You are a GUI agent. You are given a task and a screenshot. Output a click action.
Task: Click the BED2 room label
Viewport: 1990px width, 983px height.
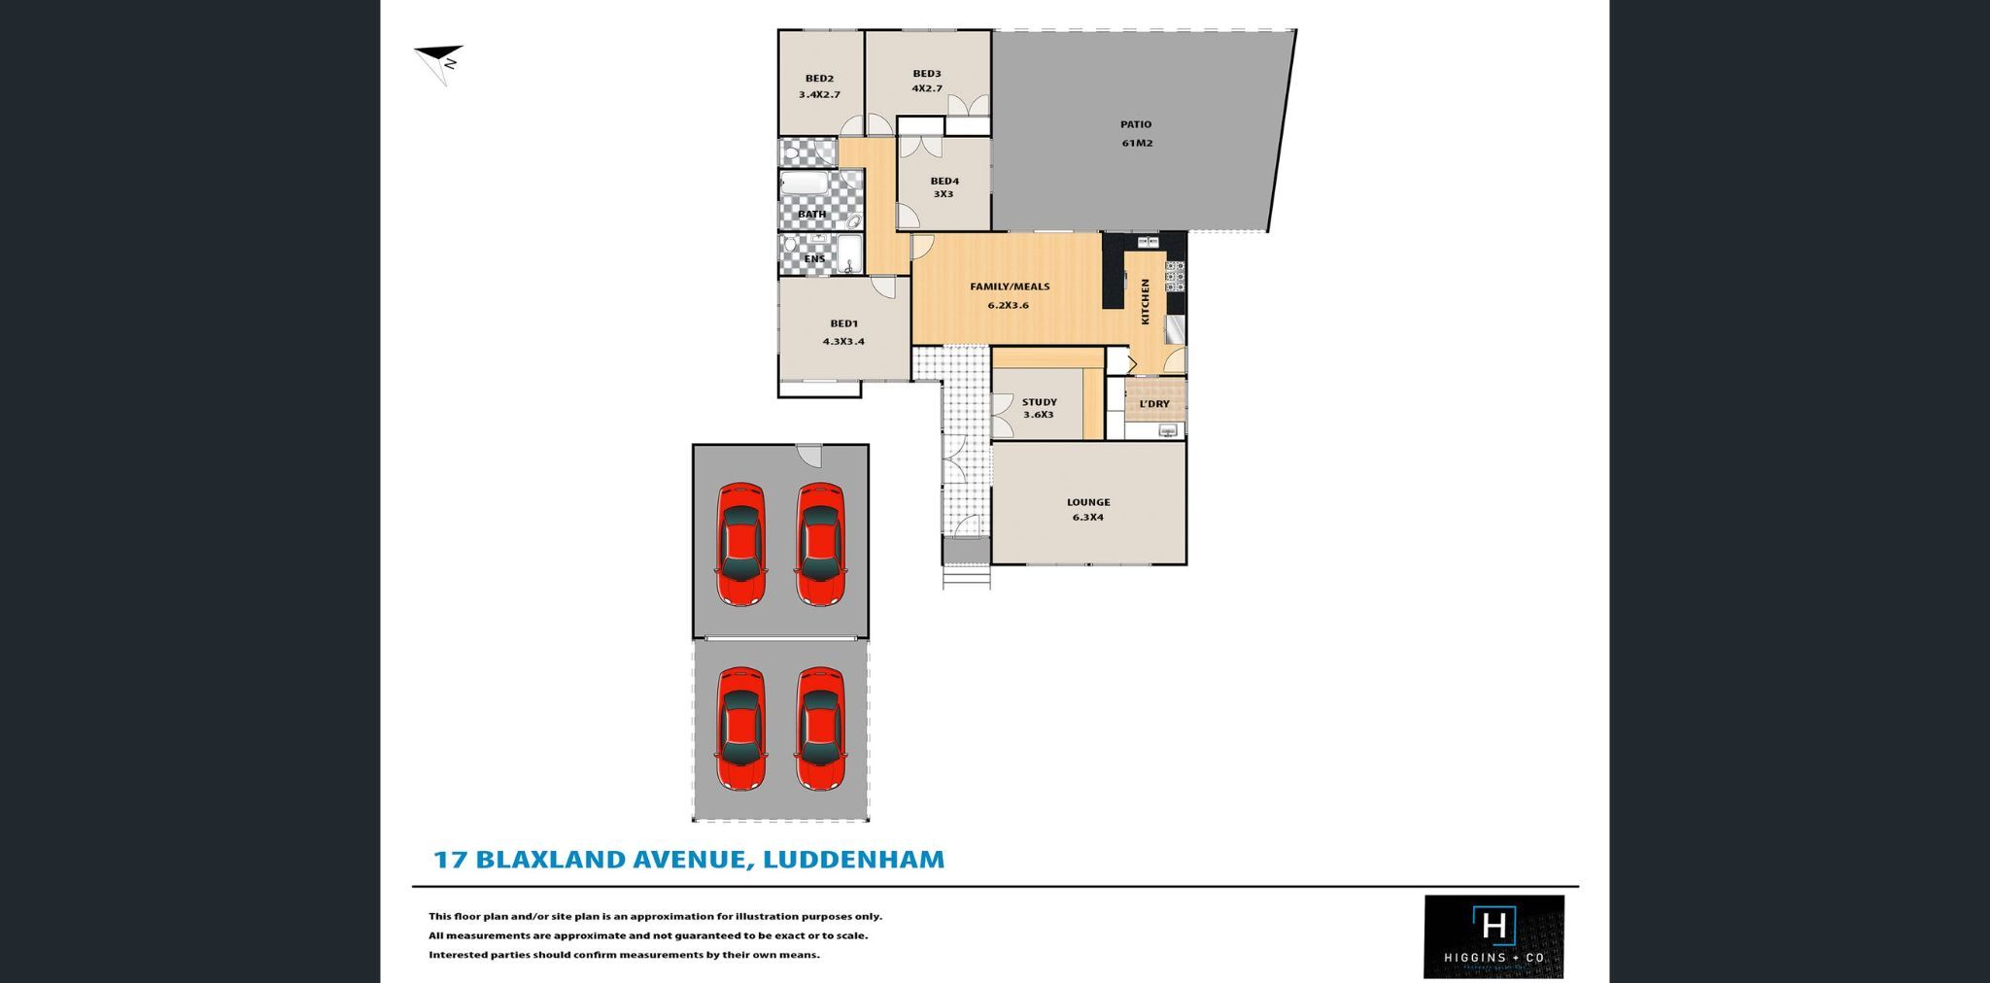[x=819, y=79]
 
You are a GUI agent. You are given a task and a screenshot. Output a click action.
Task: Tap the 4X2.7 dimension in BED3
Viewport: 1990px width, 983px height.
[x=927, y=88]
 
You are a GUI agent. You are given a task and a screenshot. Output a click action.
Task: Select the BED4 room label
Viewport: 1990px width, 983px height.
[x=944, y=181]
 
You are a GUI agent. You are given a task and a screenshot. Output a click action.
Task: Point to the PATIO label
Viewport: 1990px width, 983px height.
[x=1136, y=124]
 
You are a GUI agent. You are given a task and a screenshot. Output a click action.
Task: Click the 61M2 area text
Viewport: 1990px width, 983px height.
[x=1137, y=143]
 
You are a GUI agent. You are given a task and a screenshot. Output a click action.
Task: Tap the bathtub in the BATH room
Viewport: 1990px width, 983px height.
[x=805, y=186]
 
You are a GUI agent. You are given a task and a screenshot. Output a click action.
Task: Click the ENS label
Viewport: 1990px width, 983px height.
[x=814, y=259]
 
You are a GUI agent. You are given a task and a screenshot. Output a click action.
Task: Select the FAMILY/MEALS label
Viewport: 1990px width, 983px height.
[x=1010, y=287]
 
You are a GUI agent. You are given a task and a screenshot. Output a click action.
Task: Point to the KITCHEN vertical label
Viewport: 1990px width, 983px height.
[x=1145, y=301]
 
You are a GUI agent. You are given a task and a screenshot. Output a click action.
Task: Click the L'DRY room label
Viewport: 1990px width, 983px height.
[x=1154, y=404]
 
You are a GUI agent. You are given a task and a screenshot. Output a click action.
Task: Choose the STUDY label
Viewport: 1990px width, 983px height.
[x=1039, y=402]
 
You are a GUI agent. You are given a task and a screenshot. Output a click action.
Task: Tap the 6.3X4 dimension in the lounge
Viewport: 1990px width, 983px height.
[x=1087, y=518]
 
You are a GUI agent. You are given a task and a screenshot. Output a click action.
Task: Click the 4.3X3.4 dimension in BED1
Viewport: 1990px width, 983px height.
[x=843, y=342]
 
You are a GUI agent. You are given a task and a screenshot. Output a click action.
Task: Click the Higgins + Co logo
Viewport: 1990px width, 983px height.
[x=1493, y=935]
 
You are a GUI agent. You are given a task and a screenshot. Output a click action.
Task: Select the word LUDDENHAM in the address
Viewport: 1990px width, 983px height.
[x=853, y=860]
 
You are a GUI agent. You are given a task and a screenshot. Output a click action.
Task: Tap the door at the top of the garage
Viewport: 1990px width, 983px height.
[x=808, y=454]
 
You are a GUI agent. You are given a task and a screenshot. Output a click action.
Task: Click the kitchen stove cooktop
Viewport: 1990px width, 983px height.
[x=1175, y=277]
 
